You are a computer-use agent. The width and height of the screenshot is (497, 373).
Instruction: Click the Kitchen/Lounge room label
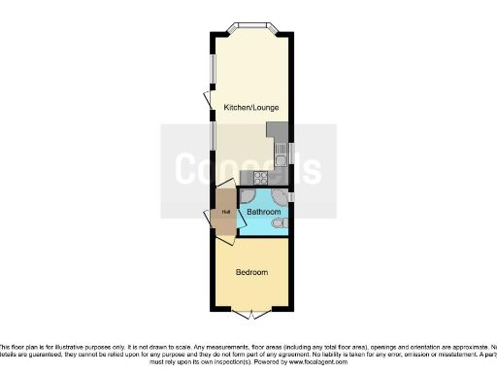[248, 106]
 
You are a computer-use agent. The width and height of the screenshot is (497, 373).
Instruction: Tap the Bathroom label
[264, 211]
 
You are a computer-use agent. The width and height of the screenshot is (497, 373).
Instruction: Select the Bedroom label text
[251, 272]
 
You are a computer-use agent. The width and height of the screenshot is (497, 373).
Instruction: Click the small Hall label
[224, 212]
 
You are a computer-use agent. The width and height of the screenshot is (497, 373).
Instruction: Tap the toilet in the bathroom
[280, 225]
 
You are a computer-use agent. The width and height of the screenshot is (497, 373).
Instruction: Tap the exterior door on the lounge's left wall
[207, 100]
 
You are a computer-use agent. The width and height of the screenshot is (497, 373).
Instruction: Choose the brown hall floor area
[224, 219]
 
